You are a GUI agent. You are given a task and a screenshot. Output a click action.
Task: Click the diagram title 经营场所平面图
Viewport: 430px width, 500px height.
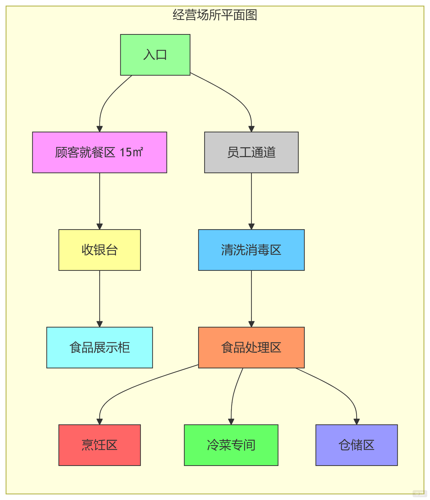coord(215,15)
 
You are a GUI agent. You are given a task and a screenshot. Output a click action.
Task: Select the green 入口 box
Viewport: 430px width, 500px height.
coord(155,55)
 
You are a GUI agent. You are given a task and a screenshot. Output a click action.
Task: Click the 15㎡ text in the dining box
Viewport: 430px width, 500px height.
coord(131,152)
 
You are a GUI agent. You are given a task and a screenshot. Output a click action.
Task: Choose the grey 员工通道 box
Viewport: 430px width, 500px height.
coord(251,152)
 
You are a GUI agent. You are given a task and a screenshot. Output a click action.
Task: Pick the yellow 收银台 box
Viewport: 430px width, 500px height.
coord(100,250)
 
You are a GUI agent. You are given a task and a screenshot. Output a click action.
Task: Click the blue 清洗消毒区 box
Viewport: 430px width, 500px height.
coord(251,250)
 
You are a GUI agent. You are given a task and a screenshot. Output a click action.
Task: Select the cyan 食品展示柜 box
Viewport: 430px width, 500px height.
coord(100,347)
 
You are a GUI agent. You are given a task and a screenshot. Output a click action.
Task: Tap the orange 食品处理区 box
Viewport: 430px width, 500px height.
coord(251,347)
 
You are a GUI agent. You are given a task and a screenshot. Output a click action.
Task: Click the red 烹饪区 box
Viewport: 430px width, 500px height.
coord(100,445)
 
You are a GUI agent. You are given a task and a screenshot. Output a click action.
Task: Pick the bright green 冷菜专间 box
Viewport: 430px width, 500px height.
coord(231,445)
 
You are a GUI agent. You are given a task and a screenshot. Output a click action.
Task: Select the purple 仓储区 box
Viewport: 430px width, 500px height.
coord(356,445)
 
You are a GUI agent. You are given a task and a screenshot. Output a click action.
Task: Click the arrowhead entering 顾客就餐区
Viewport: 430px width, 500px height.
coord(100,129)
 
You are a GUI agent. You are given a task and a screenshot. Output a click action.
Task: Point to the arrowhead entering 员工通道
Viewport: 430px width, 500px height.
coord(251,129)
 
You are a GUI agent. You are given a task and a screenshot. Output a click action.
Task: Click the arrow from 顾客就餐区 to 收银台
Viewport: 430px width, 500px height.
coord(100,199)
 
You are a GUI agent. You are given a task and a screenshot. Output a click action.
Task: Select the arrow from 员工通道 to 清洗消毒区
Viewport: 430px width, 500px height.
coord(251,199)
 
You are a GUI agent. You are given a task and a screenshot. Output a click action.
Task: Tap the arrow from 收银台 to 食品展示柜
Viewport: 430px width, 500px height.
coord(100,298)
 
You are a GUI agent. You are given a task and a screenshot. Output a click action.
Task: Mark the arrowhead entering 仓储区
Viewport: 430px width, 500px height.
coord(356,421)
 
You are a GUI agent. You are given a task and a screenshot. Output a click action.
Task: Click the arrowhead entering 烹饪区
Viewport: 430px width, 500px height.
coord(100,421)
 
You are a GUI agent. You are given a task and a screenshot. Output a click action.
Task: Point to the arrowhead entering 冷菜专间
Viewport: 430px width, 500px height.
coord(231,421)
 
